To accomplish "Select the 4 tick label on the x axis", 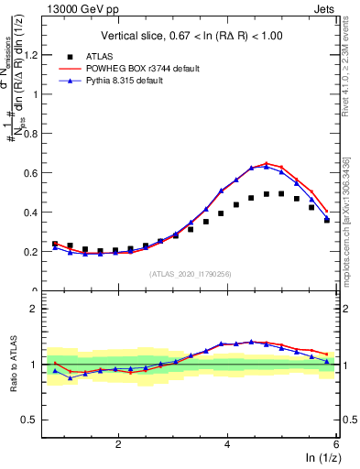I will (227, 443).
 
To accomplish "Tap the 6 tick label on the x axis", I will (335, 443).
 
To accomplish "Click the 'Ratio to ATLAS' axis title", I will (12, 364).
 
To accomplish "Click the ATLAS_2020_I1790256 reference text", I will (191, 273).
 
